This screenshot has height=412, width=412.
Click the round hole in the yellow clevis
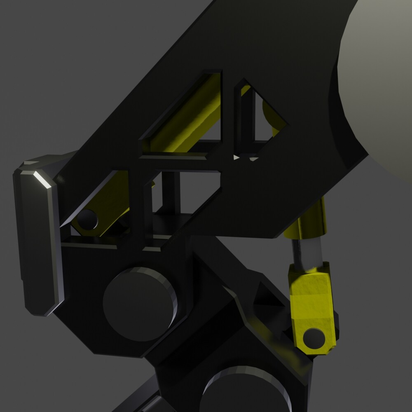(x=314, y=338)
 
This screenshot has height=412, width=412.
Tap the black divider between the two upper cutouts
(x=228, y=115)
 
